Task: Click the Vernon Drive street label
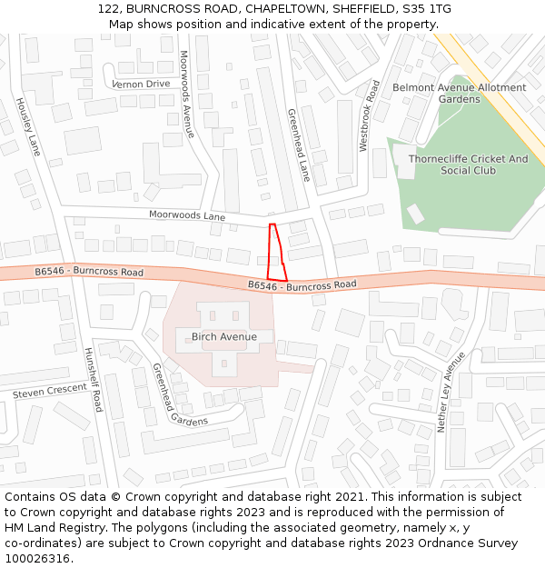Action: pos(141,84)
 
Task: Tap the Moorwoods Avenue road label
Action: pos(187,94)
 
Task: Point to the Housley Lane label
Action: pos(28,126)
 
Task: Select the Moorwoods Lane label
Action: pos(187,216)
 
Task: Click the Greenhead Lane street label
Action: pos(299,145)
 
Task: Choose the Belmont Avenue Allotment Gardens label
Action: pos(459,94)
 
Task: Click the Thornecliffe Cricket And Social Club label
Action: pos(468,164)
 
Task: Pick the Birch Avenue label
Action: pos(224,336)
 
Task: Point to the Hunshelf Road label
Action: pos(94,379)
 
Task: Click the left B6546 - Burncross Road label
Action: pos(89,272)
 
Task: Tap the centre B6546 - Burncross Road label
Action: pos(302,285)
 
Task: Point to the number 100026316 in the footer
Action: pos(37,558)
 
